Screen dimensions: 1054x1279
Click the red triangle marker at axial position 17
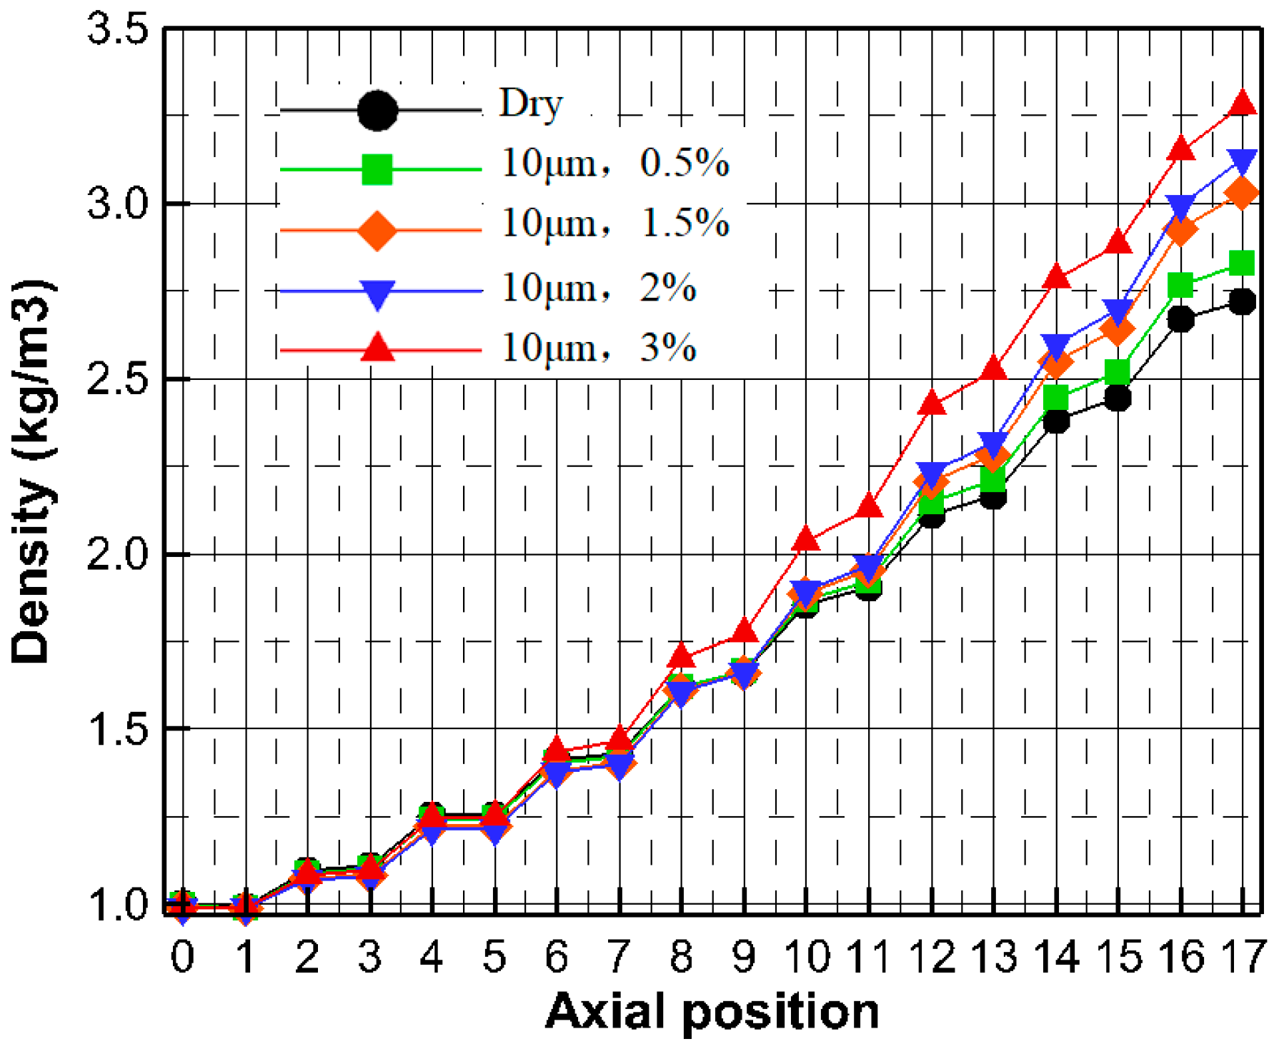click(1243, 104)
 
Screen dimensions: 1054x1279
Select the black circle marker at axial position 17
click(1243, 301)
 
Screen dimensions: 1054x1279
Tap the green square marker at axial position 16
click(1180, 285)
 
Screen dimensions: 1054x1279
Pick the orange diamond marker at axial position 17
click(1243, 193)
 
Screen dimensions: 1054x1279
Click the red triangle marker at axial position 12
click(932, 404)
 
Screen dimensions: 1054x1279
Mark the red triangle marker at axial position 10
click(807, 539)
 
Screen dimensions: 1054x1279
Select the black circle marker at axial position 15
click(1118, 397)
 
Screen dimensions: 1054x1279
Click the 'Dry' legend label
click(531, 104)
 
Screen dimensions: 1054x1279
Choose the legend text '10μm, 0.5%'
click(614, 164)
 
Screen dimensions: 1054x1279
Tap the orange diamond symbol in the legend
click(377, 230)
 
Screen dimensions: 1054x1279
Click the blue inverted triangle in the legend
click(377, 293)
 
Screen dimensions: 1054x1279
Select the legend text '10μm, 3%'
click(598, 348)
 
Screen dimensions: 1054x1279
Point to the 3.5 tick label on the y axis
click(117, 30)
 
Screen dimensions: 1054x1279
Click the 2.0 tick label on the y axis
click(117, 554)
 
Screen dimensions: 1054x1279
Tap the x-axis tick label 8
click(682, 956)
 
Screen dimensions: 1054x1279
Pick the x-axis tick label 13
click(994, 956)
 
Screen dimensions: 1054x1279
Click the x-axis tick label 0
click(183, 956)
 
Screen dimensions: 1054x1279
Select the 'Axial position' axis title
click(712, 1013)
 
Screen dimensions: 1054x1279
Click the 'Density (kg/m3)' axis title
click(32, 471)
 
